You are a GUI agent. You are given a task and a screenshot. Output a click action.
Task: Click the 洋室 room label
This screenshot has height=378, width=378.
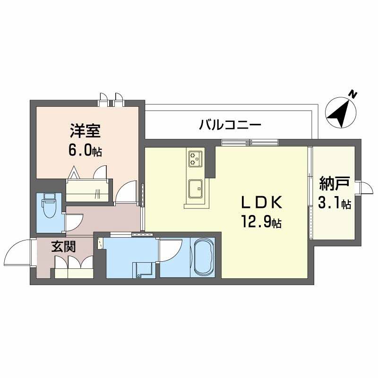click(x=85, y=131)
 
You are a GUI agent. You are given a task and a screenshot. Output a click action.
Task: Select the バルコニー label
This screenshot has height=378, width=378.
click(x=230, y=126)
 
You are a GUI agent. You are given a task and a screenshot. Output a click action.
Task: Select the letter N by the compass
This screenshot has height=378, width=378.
click(x=353, y=94)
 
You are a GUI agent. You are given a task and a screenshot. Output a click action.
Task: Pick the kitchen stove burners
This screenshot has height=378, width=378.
click(x=195, y=158)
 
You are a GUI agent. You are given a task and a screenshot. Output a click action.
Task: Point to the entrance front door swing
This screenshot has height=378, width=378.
click(x=19, y=253)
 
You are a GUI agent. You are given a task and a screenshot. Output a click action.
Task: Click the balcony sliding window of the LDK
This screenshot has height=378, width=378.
click(x=249, y=142)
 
